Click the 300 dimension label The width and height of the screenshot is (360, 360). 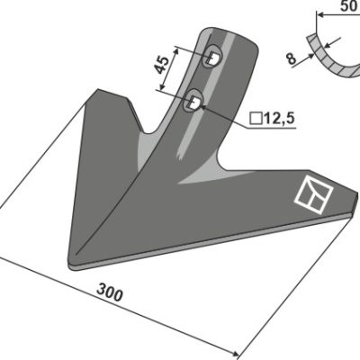[x=110, y=292]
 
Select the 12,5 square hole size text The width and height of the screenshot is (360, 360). [x=279, y=119]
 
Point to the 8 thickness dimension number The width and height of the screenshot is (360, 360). [x=291, y=58]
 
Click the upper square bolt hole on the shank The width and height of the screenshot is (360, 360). [x=212, y=58]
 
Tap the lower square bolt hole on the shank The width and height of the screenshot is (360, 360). [x=193, y=102]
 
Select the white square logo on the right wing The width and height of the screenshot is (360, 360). [x=314, y=195]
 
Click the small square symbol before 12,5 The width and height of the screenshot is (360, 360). [x=256, y=119]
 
